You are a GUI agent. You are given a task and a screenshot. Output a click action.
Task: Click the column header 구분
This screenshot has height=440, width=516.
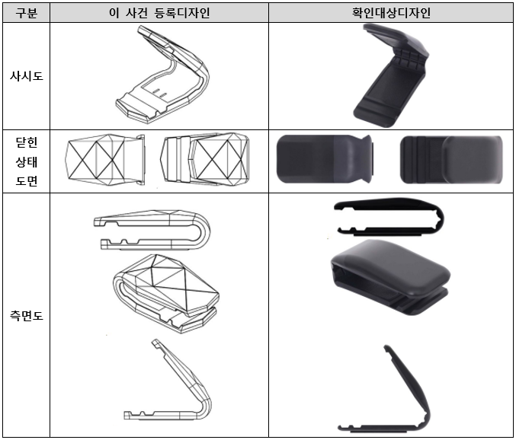point(27,13)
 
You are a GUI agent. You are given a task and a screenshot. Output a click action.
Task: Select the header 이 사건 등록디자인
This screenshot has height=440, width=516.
point(159,13)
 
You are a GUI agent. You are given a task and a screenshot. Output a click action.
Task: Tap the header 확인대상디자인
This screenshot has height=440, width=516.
point(391,13)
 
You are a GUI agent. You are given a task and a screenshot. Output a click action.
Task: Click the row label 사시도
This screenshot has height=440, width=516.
point(27,76)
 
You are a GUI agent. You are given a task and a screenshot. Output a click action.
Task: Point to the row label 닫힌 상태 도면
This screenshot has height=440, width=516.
point(27,161)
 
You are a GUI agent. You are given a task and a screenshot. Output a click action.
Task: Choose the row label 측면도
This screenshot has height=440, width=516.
point(27,316)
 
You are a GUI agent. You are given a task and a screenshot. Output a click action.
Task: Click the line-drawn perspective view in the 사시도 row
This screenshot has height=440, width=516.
point(162,75)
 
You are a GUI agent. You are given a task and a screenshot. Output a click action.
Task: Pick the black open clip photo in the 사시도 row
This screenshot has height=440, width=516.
point(391,75)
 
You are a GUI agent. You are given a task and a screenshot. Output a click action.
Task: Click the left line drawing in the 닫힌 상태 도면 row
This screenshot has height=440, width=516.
point(105,159)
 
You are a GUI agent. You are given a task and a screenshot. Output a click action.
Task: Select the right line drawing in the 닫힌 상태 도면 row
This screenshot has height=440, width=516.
point(205,159)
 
